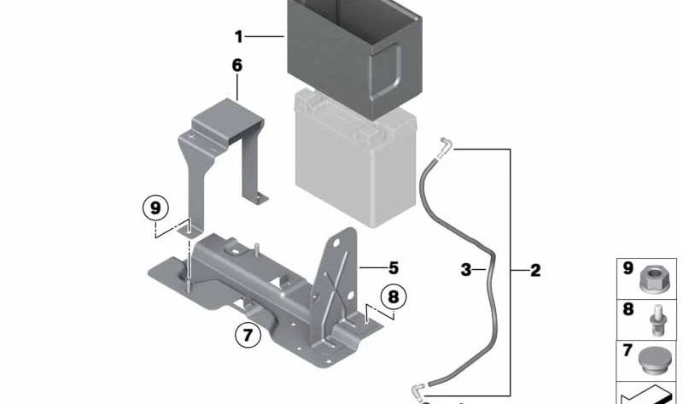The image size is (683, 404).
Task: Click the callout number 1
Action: point(240,37)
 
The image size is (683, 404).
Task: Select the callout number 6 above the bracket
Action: point(236,65)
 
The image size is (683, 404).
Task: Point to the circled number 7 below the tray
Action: point(248,334)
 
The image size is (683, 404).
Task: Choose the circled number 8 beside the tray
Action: point(393,296)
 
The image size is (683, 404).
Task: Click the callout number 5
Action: point(394,267)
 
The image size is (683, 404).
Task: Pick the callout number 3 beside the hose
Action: point(466,271)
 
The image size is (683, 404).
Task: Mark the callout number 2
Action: point(535,271)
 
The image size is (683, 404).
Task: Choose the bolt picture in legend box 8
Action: point(658,317)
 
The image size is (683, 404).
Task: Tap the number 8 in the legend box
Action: point(628,309)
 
